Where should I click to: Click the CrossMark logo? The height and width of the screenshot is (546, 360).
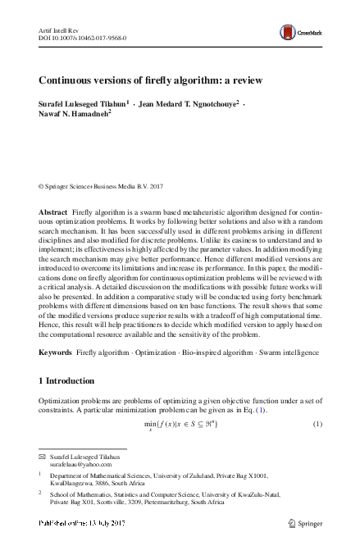pyautogui.click(x=299, y=33)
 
